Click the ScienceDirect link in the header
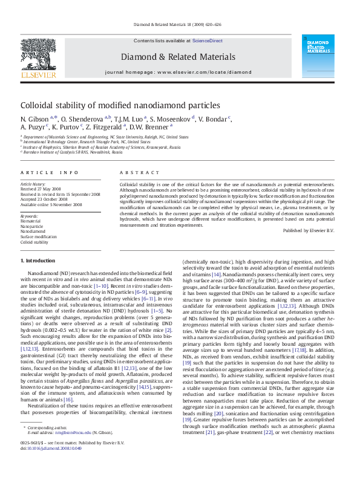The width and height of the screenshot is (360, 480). [208, 41]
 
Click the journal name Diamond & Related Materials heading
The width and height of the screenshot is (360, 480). [178, 57]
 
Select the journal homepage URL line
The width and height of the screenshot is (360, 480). [178, 72]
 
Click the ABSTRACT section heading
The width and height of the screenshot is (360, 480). [134, 173]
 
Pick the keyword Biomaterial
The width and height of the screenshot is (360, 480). [31, 221]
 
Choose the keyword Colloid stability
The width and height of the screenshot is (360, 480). [34, 242]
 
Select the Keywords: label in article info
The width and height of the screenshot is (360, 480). [30, 216]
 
